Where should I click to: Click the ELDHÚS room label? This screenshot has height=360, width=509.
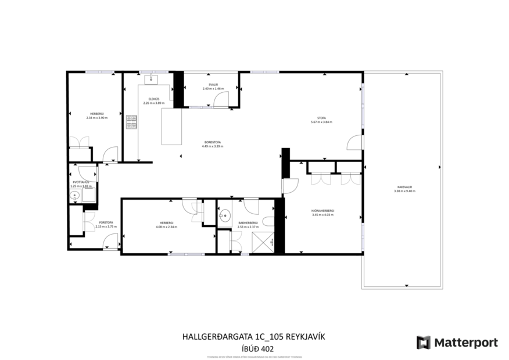(x=154, y=99)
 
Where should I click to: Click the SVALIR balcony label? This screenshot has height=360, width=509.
(x=213, y=85)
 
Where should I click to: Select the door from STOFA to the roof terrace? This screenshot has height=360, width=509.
(x=354, y=142)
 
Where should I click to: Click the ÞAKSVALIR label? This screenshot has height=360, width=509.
(x=404, y=187)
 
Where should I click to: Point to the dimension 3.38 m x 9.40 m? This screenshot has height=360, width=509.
(x=404, y=191)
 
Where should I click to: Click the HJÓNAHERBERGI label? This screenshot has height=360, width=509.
(x=323, y=211)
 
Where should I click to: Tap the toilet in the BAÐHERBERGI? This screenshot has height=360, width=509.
(x=268, y=221)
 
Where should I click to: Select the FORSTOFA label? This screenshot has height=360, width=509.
(x=106, y=222)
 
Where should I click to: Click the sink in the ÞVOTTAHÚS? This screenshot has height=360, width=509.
(x=74, y=196)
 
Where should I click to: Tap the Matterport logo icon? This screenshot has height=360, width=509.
(x=424, y=343)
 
